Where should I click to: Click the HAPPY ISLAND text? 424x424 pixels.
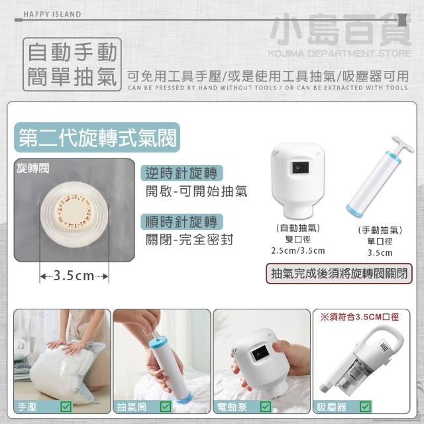tap(52, 15)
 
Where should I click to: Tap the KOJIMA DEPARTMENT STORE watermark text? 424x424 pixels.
tap(339, 54)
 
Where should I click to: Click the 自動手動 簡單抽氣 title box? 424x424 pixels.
tap(72, 64)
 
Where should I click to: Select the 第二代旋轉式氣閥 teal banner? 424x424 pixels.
tap(97, 137)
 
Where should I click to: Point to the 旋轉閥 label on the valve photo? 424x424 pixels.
tap(32, 168)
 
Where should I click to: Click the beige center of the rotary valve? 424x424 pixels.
tap(74, 211)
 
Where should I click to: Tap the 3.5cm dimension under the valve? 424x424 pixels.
tap(74, 276)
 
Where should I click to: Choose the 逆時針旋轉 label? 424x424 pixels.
tap(182, 173)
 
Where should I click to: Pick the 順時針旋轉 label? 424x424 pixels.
tap(182, 222)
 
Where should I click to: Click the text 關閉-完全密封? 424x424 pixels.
tap(189, 240)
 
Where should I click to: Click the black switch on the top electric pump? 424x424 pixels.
tap(300, 168)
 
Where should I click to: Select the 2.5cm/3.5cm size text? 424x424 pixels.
tap(298, 250)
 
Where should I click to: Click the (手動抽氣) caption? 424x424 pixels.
tap(380, 230)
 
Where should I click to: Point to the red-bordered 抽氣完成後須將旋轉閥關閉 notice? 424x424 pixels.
tap(339, 274)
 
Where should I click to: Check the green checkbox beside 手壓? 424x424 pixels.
tap(66, 406)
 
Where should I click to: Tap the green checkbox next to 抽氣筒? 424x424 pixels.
tap(166, 406)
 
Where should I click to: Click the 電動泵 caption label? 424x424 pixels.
tap(232, 407)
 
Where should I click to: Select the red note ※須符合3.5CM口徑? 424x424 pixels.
tap(360, 317)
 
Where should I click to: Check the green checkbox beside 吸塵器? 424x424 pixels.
tap(365, 406)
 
